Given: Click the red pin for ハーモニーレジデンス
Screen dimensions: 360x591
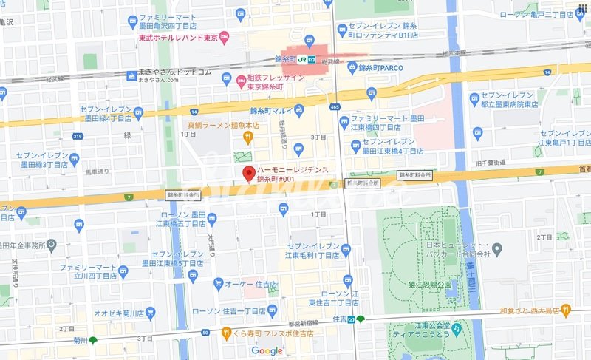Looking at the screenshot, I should tap(247, 174).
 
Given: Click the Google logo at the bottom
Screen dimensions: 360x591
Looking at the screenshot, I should tap(267, 350).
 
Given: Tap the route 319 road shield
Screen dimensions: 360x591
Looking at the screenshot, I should tap(77, 135).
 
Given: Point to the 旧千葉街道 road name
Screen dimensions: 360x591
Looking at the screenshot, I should tap(491, 162).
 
